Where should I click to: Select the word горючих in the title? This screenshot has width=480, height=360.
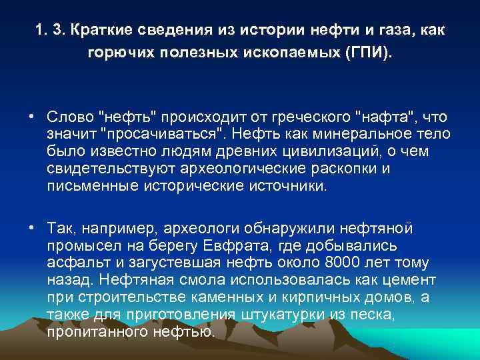point(121,52)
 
